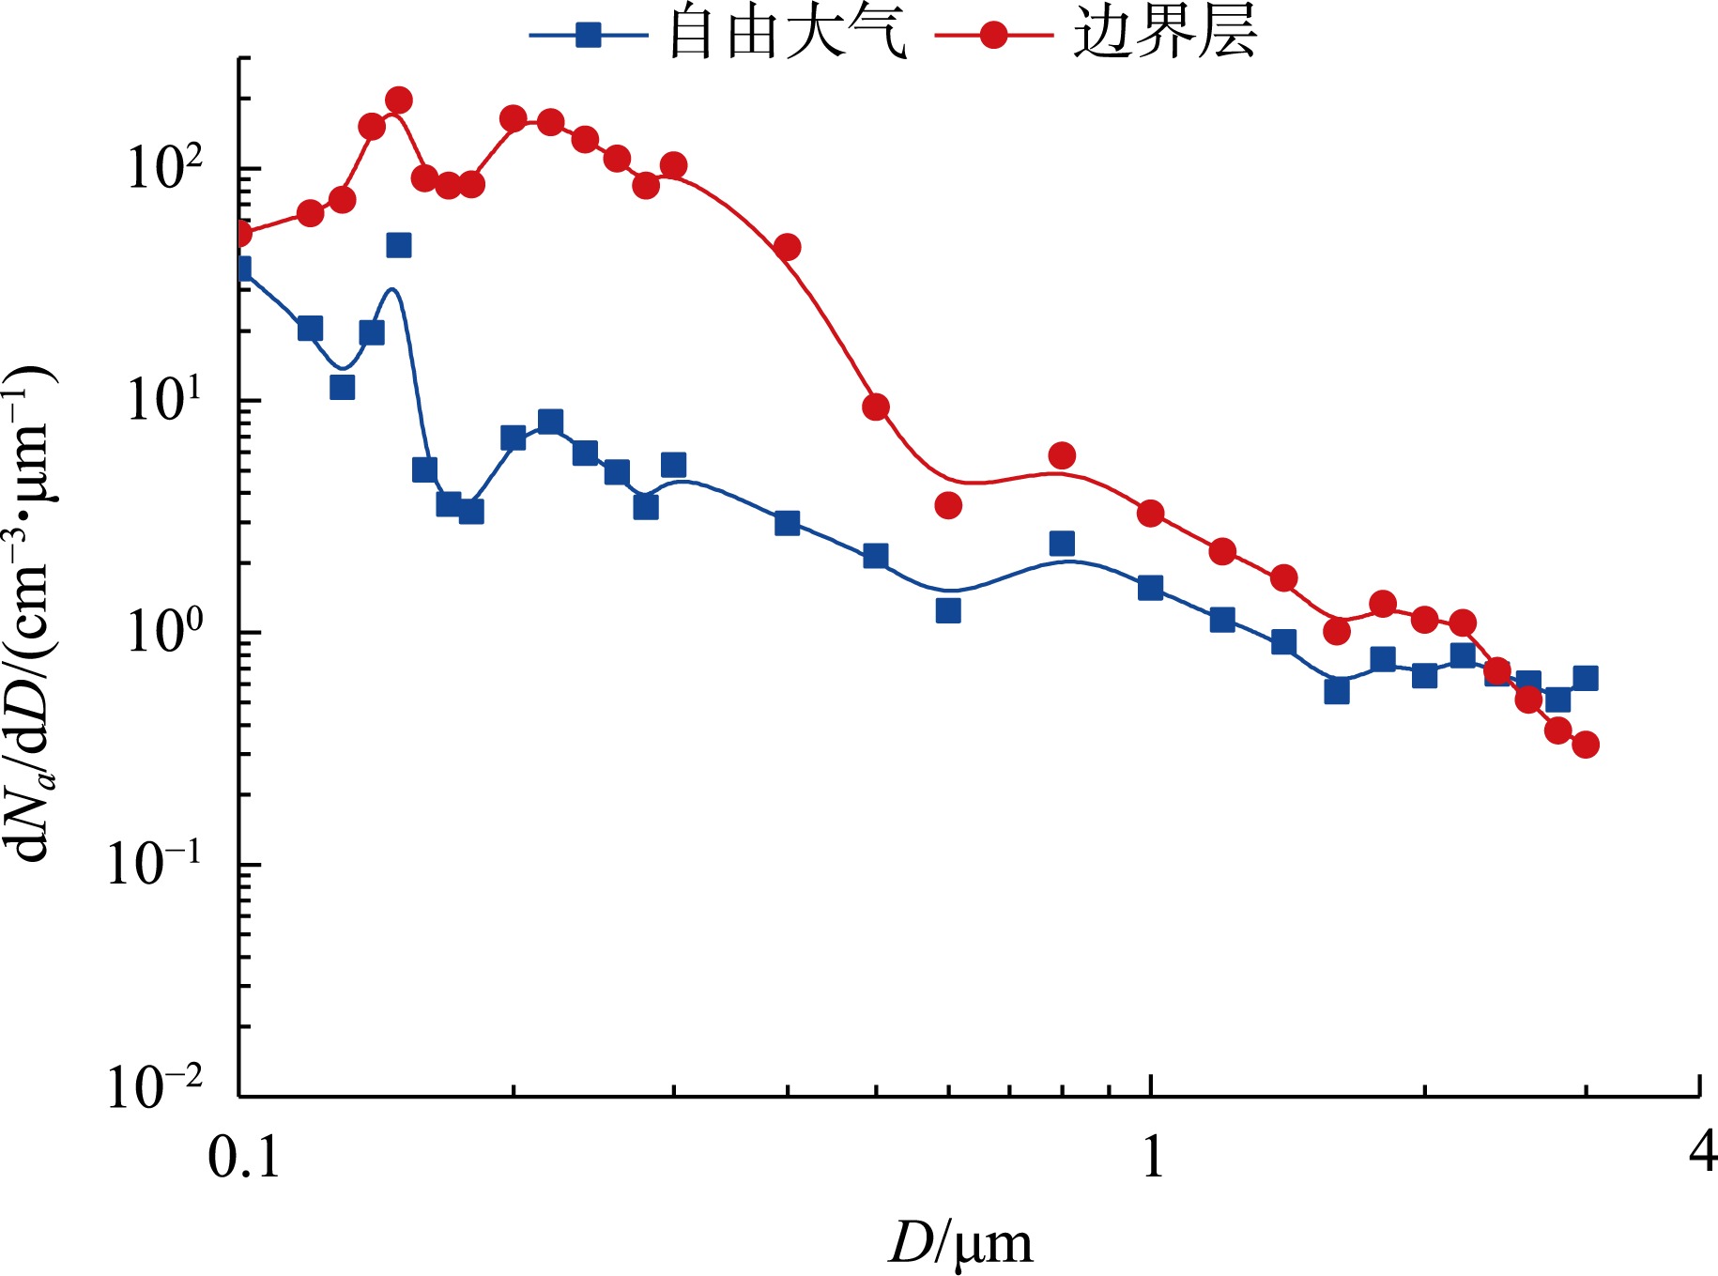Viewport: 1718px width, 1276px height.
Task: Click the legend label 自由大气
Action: pyautogui.click(x=787, y=34)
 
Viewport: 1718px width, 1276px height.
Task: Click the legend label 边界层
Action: pyautogui.click(x=1164, y=34)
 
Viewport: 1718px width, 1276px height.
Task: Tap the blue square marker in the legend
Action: pyautogui.click(x=588, y=36)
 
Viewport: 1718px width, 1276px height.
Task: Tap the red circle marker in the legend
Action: pyautogui.click(x=993, y=36)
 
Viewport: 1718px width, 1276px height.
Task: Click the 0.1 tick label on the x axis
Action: pyautogui.click(x=243, y=1156)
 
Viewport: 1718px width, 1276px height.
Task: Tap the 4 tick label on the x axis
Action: pyautogui.click(x=1702, y=1151)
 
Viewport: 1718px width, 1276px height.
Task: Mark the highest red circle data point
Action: pyautogui.click(x=399, y=100)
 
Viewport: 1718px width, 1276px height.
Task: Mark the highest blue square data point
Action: pyautogui.click(x=399, y=245)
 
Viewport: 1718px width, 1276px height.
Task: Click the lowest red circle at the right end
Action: pyautogui.click(x=1586, y=746)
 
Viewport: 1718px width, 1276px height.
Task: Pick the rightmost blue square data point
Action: pyautogui.click(x=1586, y=678)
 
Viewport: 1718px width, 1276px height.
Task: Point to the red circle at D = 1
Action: pyautogui.click(x=1151, y=514)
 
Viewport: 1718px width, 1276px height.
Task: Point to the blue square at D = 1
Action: pyautogui.click(x=1151, y=589)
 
